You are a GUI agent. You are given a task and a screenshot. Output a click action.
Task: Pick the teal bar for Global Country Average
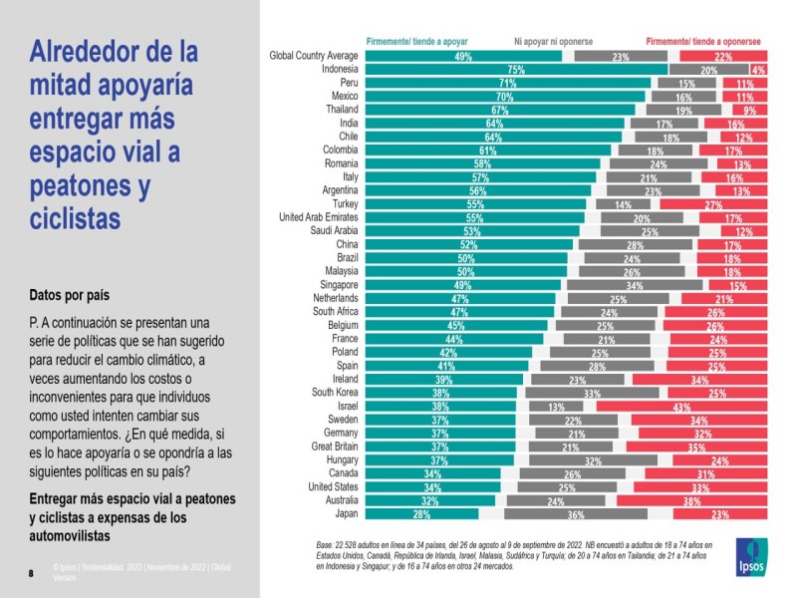[463, 57]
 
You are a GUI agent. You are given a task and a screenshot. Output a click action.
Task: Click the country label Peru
[345, 84]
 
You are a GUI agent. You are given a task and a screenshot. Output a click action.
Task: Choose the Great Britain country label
[330, 447]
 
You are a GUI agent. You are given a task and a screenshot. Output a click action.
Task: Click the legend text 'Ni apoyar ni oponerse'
[553, 42]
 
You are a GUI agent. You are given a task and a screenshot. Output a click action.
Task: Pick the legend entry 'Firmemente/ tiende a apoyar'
[417, 42]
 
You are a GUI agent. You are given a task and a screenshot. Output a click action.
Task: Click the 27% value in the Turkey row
[712, 204]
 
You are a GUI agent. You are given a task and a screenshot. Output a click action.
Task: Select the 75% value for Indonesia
[516, 70]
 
